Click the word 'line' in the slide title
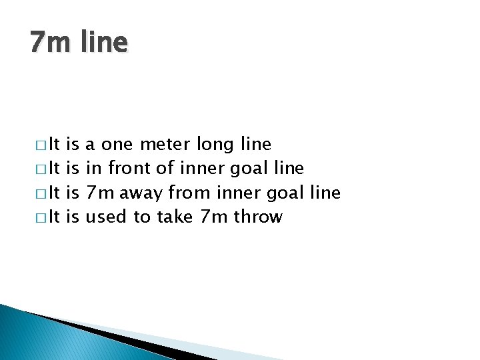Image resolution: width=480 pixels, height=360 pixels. tap(105, 43)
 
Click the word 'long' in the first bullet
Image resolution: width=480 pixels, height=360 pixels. tap(214, 145)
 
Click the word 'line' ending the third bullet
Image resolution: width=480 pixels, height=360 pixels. tap(325, 193)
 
